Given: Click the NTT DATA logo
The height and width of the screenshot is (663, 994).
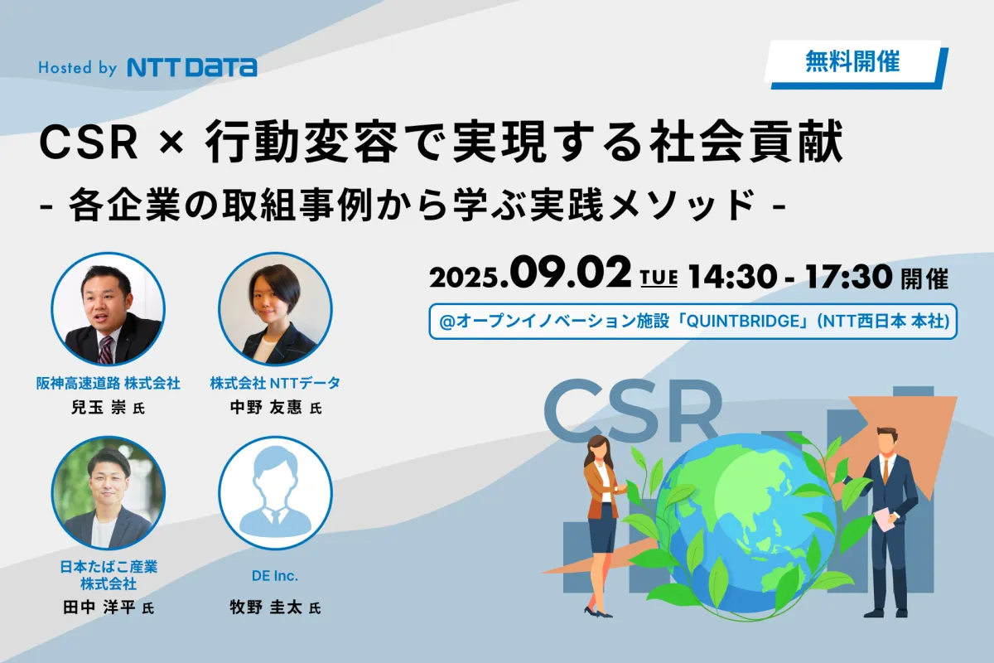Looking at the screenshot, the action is click(191, 67).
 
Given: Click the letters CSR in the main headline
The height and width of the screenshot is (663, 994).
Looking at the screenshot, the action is click(89, 143).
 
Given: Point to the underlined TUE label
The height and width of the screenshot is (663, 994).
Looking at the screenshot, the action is click(659, 278).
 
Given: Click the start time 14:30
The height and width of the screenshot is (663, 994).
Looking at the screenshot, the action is click(732, 276).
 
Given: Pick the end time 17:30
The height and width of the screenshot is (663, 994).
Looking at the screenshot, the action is click(848, 276).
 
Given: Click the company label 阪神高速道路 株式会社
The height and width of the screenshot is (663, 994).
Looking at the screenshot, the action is click(109, 383).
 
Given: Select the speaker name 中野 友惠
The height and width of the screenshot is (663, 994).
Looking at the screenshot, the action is click(266, 407).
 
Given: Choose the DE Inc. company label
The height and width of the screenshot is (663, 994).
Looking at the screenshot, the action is click(275, 576).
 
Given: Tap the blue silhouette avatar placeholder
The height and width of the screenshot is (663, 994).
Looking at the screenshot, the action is click(275, 493).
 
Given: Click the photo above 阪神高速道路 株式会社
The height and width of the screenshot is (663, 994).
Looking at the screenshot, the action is click(109, 309).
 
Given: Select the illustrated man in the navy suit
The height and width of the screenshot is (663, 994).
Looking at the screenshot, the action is click(887, 523).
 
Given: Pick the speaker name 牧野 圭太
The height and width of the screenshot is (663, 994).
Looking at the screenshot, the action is click(266, 607).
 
